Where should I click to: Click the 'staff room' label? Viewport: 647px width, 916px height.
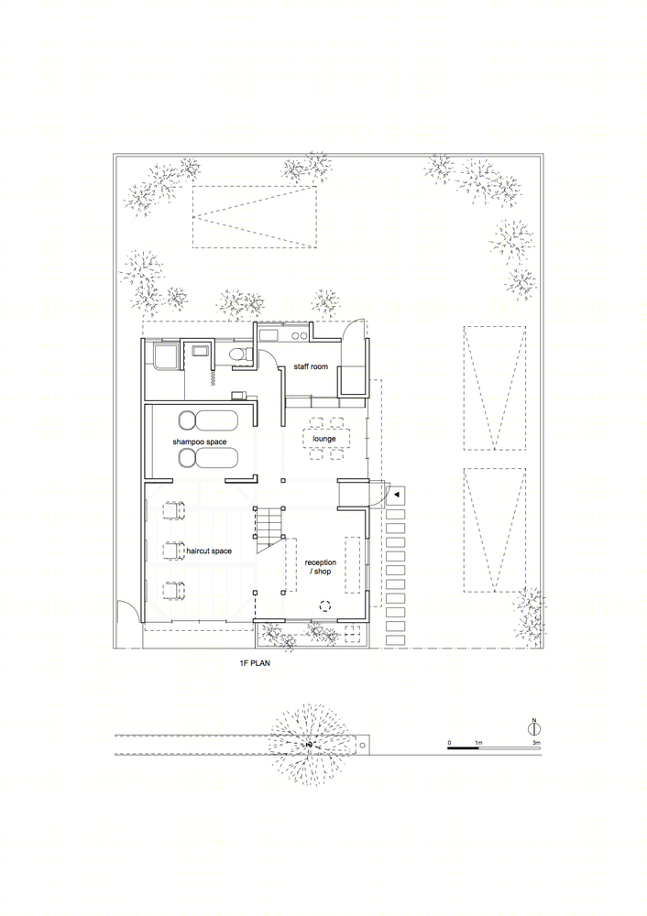[311, 367]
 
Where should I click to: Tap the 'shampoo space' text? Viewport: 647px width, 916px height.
[199, 442]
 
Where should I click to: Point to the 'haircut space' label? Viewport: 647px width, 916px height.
[209, 551]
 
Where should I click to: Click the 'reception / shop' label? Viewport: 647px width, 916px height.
[320, 567]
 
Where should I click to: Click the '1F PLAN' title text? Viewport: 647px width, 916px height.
[254, 663]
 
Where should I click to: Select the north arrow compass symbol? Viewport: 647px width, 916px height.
[533, 728]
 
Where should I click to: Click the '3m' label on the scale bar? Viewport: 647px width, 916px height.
[536, 743]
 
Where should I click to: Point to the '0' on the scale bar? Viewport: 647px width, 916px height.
[449, 743]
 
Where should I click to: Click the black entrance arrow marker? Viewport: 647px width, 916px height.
[397, 495]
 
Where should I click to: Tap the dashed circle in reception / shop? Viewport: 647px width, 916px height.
[325, 605]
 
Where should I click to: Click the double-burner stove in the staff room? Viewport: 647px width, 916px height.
[300, 335]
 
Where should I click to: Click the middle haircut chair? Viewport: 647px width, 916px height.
[172, 551]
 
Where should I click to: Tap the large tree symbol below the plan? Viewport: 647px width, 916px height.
[309, 745]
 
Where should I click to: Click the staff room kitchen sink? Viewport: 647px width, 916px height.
[269, 335]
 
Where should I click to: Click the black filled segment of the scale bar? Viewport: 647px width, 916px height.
[465, 747]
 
